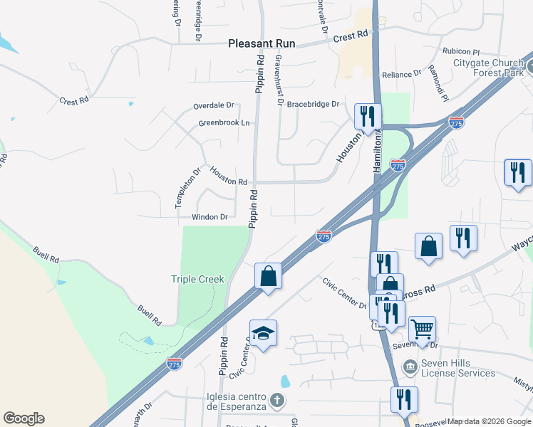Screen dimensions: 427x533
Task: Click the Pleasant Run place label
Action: [261, 43]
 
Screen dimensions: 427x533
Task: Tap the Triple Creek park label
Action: [197, 280]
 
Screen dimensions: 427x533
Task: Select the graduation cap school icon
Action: [263, 334]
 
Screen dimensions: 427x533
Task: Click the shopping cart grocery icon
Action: [422, 330]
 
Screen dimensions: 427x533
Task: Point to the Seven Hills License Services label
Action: [458, 368]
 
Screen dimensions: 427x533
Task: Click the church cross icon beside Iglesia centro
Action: [278, 401]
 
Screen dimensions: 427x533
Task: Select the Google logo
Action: [24, 418]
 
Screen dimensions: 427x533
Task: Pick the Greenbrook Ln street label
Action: [224, 123]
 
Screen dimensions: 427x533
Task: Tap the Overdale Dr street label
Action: [213, 105]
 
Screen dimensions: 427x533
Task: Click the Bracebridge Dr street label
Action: [314, 104]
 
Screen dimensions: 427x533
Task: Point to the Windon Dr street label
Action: [209, 217]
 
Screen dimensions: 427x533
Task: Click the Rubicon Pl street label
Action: [461, 51]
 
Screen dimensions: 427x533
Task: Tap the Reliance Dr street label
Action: [402, 75]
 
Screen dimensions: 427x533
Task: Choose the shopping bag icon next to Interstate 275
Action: [268, 275]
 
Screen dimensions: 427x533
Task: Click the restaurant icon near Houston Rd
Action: [368, 115]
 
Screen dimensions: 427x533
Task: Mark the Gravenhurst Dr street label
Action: [279, 80]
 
